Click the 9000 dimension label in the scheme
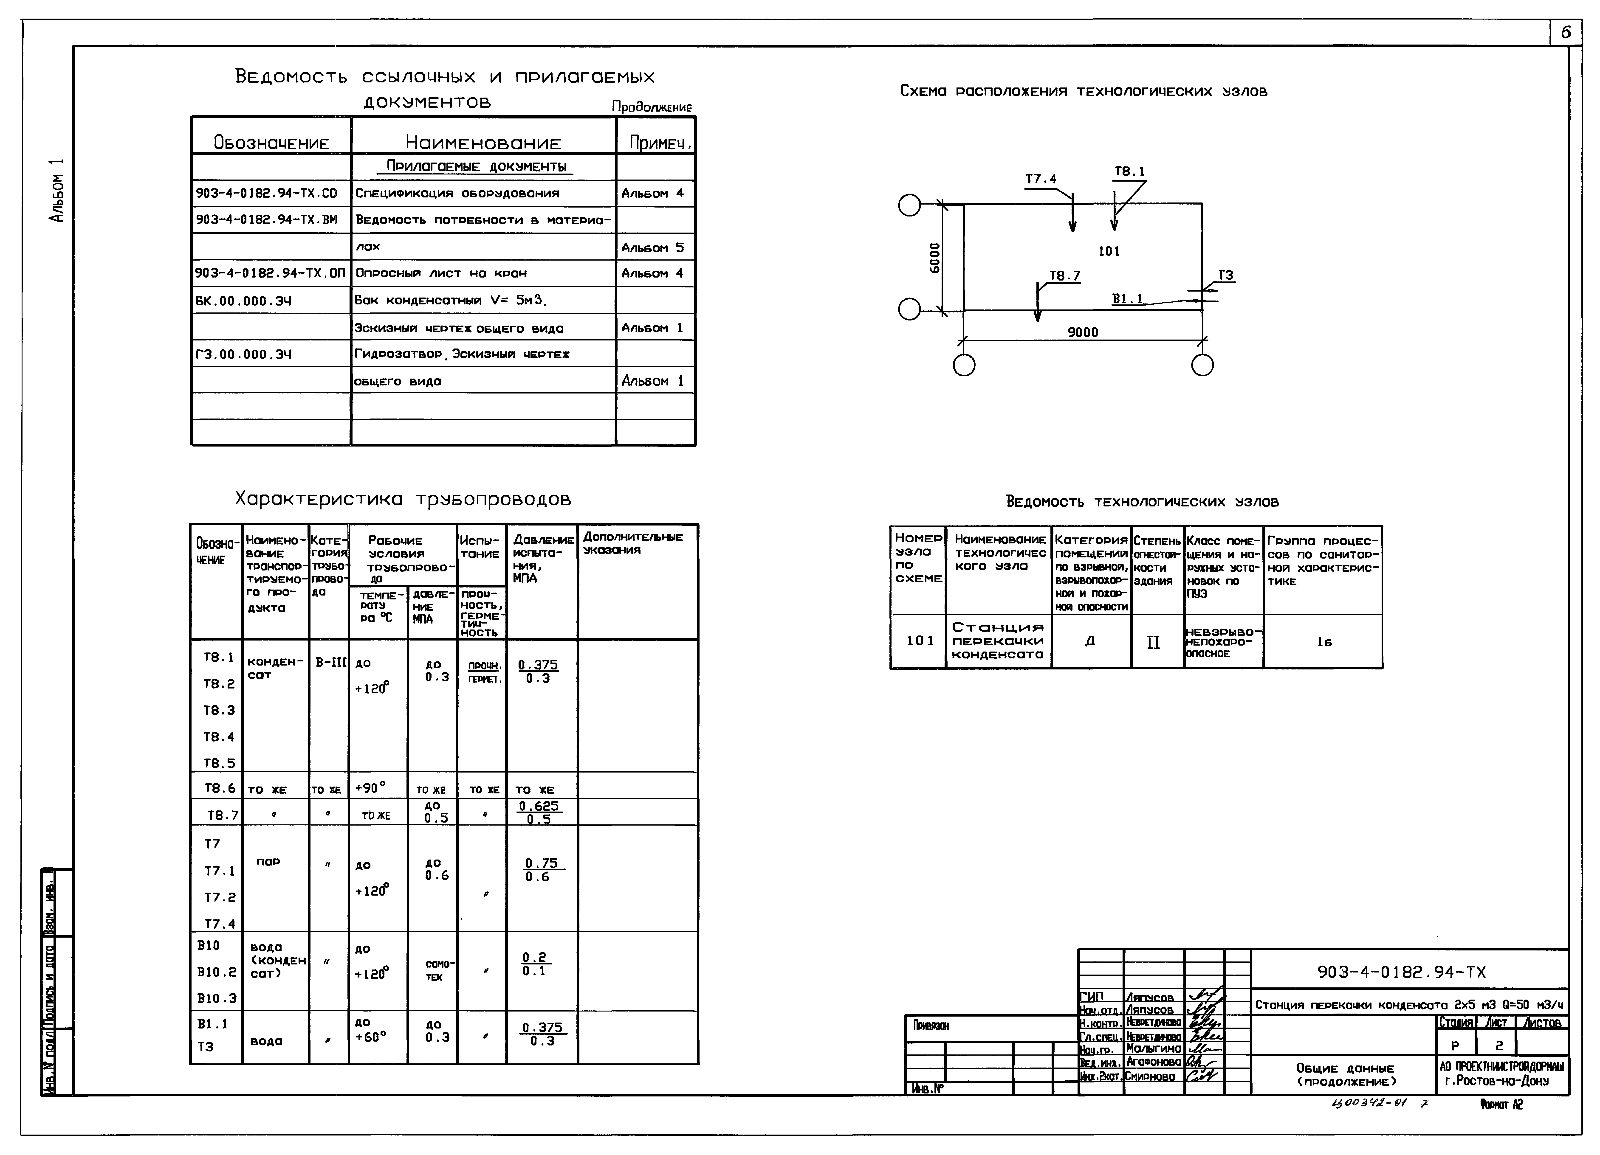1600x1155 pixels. click(x=1082, y=332)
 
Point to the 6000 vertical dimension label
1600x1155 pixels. click(x=935, y=258)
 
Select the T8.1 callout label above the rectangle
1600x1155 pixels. click(x=1129, y=171)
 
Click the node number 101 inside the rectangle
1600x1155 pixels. click(x=1109, y=251)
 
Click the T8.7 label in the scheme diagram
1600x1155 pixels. click(x=1064, y=276)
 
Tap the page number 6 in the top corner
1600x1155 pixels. click(x=1565, y=32)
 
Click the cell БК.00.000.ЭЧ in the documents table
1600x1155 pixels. click(x=243, y=301)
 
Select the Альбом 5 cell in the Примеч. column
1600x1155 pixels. click(x=652, y=247)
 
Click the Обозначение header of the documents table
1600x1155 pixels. click(x=272, y=143)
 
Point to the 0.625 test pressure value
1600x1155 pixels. click(x=538, y=806)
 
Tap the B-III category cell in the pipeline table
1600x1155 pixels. click(x=330, y=663)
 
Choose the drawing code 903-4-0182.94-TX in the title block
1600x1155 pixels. click(x=1401, y=972)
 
